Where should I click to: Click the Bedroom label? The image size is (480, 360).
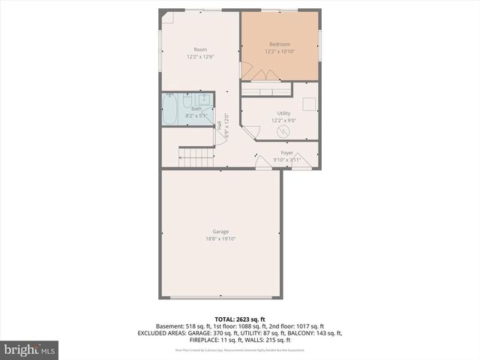pos(279,45)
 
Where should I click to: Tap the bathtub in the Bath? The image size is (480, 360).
pos(170,110)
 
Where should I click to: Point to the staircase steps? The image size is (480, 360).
pos(196,157)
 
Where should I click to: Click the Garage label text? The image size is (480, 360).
pos(220,232)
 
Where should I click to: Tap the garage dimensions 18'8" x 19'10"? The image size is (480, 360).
pos(220,239)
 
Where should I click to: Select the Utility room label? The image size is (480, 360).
pos(283,113)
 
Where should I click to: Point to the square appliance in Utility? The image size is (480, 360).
pos(309,106)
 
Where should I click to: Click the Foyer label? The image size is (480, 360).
pos(286,153)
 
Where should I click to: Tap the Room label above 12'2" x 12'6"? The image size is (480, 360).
pos(200,49)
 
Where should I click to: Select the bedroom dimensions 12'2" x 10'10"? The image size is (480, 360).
pos(279,52)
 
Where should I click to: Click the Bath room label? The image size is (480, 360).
pos(196,109)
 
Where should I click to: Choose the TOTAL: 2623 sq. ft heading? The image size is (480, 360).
pos(239,319)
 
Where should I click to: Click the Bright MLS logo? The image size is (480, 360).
pos(30,349)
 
